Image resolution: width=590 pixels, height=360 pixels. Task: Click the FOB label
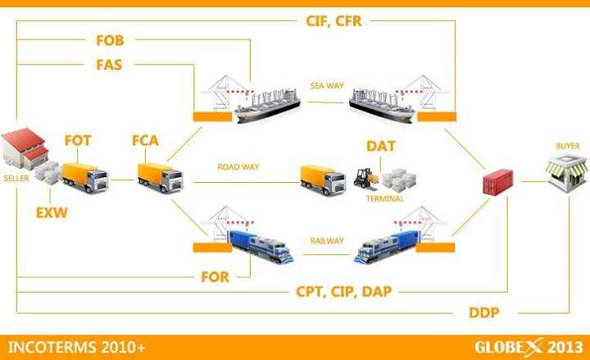[109, 39]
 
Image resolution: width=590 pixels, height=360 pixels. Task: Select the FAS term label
[109, 63]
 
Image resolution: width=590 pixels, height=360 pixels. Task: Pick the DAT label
[381, 146]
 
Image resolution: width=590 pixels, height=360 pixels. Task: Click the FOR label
[216, 276]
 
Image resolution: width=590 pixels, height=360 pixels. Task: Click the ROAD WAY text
[238, 166]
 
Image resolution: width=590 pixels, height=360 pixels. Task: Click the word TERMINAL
[384, 198]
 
